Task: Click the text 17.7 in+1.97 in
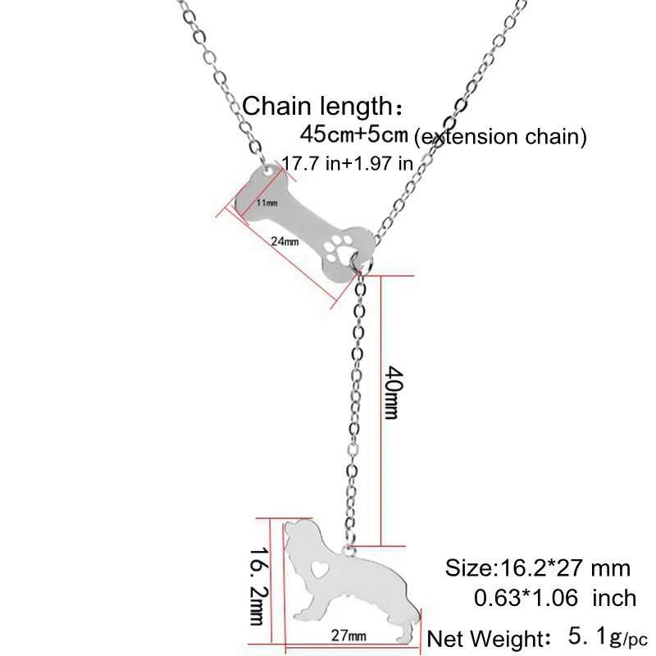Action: click(347, 163)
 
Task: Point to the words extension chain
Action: click(501, 137)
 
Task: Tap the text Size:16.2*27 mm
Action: click(537, 567)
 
